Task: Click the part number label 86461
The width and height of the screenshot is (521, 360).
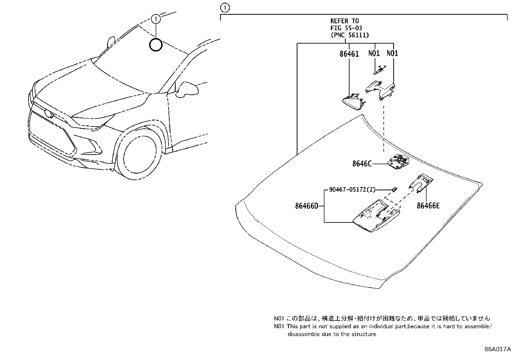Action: pos(349,54)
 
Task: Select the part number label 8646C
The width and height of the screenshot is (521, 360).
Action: pos(362,164)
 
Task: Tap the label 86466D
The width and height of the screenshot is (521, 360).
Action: pos(306,206)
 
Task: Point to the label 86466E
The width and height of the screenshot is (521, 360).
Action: pos(428,206)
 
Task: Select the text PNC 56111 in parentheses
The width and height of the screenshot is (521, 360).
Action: pos(350,35)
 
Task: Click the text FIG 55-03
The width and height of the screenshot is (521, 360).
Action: pos(346,28)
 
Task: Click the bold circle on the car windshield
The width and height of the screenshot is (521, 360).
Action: pos(155,45)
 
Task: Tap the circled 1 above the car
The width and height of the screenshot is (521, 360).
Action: pos(156,19)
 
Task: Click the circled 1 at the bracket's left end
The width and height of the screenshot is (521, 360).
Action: pos(225,7)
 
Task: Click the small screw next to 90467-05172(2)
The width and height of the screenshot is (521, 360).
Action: pos(395,189)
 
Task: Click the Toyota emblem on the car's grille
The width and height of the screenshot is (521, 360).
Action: pos(49,114)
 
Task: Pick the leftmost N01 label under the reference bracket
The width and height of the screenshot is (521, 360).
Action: pos(374,53)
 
